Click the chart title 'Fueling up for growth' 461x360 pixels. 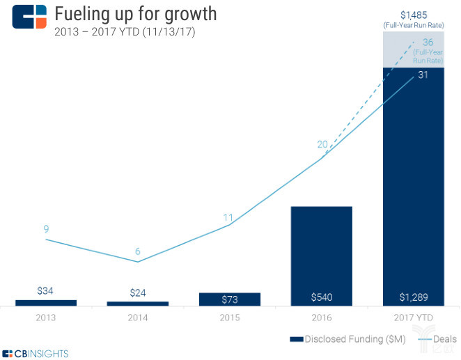[x=135, y=13]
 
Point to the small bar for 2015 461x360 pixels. [x=230, y=299]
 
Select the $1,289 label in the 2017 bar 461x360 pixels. [x=414, y=297]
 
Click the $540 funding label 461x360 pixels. [x=322, y=297]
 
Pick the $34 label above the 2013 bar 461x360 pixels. [x=46, y=291]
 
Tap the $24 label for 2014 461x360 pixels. [x=138, y=293]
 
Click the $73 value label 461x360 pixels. [x=230, y=299]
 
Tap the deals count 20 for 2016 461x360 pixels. [x=322, y=145]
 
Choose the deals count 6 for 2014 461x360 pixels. [x=138, y=251]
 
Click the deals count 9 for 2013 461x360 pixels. [x=46, y=228]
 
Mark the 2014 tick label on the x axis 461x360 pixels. [x=138, y=318]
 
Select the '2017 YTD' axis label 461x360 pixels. [x=414, y=318]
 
